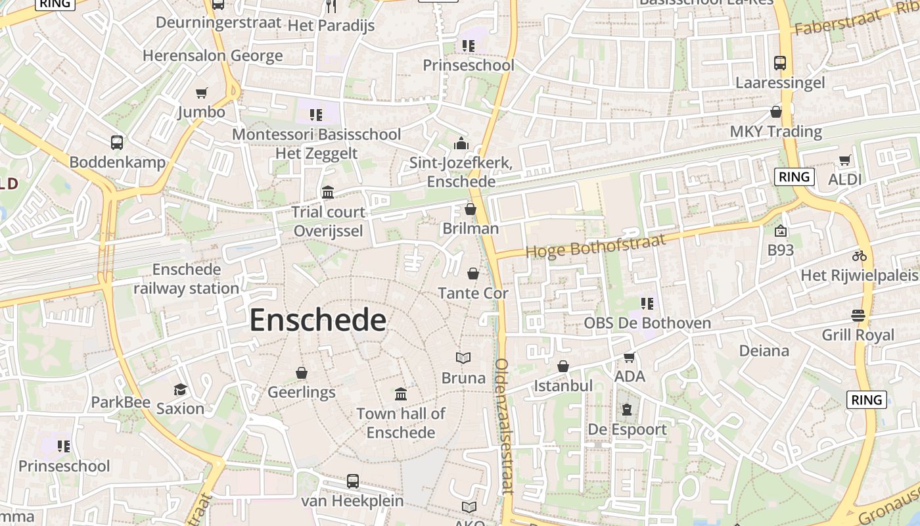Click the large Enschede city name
tap(317, 320)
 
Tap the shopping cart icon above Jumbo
tap(202, 93)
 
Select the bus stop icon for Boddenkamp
tap(117, 143)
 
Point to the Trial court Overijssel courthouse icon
tap(328, 193)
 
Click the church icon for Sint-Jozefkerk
tap(461, 143)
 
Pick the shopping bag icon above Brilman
tap(471, 209)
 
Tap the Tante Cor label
tap(473, 293)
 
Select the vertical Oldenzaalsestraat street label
tap(503, 426)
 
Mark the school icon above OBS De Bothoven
tap(647, 304)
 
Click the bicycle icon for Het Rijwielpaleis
tap(860, 256)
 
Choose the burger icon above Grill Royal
tap(858, 316)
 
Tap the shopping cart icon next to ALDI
tap(844, 160)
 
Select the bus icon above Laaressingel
tap(780, 63)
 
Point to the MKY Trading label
tap(776, 131)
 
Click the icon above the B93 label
tap(781, 231)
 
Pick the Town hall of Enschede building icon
tap(401, 394)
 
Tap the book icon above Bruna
tap(463, 358)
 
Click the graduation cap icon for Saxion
tap(180, 389)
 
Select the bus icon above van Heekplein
tap(353, 481)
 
